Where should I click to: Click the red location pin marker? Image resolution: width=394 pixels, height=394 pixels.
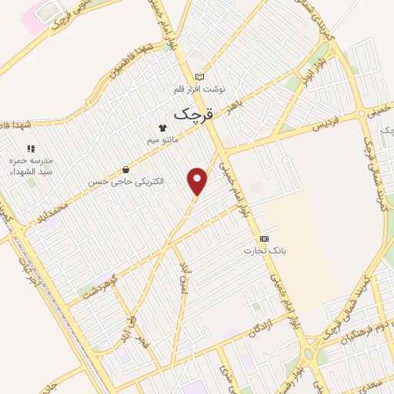tap(198, 181)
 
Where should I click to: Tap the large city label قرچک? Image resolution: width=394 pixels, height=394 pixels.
tap(192, 114)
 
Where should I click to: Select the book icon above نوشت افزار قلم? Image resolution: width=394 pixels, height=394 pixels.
tap(200, 77)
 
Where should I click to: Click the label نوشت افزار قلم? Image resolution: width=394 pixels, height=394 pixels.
tap(200, 89)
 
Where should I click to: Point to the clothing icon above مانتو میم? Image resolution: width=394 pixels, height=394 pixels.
tap(162, 128)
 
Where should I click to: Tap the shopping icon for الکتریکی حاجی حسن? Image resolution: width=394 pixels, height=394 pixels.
tap(125, 169)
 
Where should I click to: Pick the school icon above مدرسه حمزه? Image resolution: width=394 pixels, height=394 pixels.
tap(31, 148)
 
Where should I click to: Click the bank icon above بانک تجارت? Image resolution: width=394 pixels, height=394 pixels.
tap(264, 239)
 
